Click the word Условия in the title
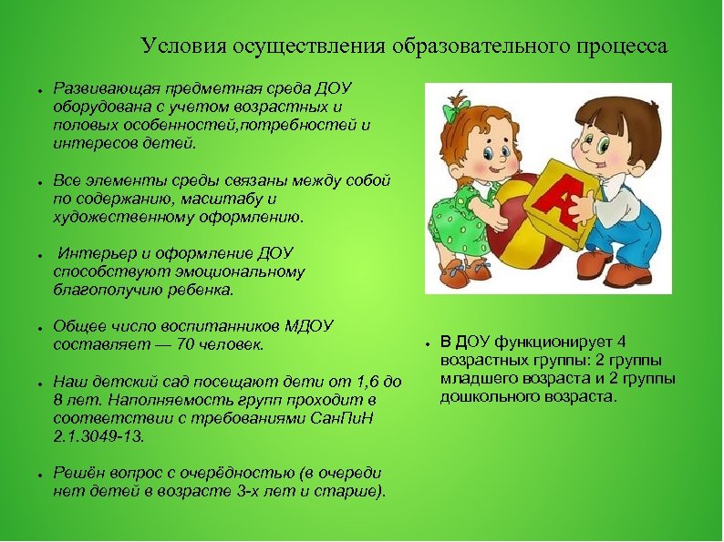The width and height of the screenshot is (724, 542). pos(176,46)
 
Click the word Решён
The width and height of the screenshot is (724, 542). pos(76,472)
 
